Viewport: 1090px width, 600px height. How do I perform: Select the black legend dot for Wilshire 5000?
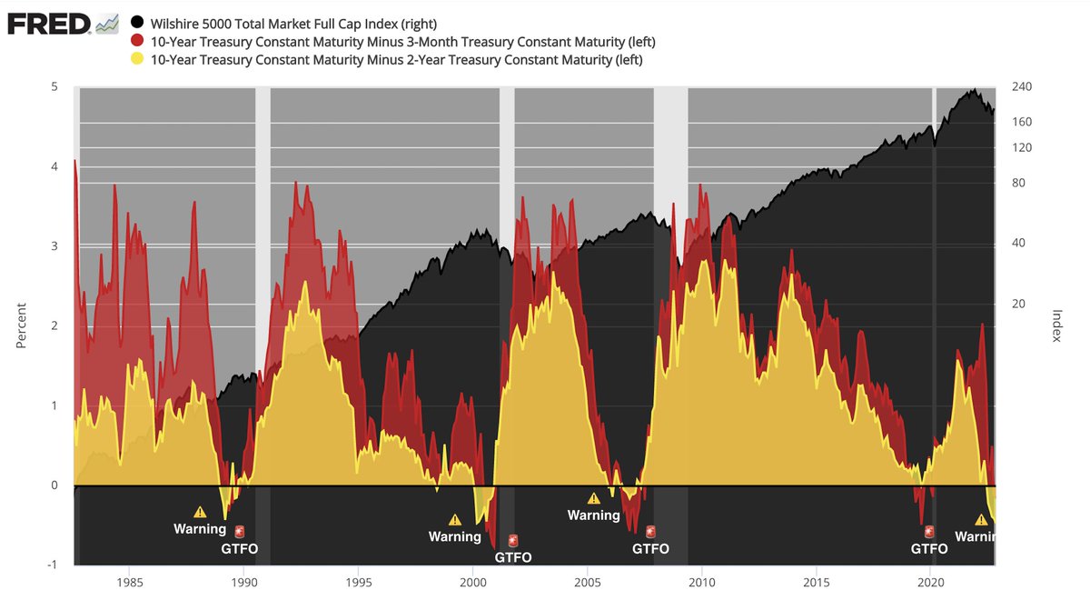[x=137, y=22]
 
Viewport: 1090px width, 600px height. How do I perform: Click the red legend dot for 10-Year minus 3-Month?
[x=137, y=41]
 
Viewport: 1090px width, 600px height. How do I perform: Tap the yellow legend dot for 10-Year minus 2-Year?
[x=137, y=60]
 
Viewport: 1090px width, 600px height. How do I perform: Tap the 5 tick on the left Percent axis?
[x=54, y=87]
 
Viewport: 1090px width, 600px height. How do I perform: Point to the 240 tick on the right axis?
[x=1022, y=87]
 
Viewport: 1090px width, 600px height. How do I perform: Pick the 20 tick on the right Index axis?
[x=1017, y=304]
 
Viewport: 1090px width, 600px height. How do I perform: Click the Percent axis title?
[x=22, y=325]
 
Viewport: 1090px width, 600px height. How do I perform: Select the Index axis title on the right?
[x=1057, y=325]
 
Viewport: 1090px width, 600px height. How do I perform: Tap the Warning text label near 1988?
[x=200, y=529]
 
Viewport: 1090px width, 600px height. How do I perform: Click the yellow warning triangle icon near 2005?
[x=594, y=498]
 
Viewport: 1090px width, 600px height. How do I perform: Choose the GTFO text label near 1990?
[x=240, y=548]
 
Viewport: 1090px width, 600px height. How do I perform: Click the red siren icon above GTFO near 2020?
[x=929, y=532]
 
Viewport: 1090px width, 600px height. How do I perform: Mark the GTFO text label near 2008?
[x=650, y=548]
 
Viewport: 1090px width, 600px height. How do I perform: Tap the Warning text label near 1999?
[x=455, y=536]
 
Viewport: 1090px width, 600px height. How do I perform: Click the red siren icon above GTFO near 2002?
[x=513, y=540]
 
